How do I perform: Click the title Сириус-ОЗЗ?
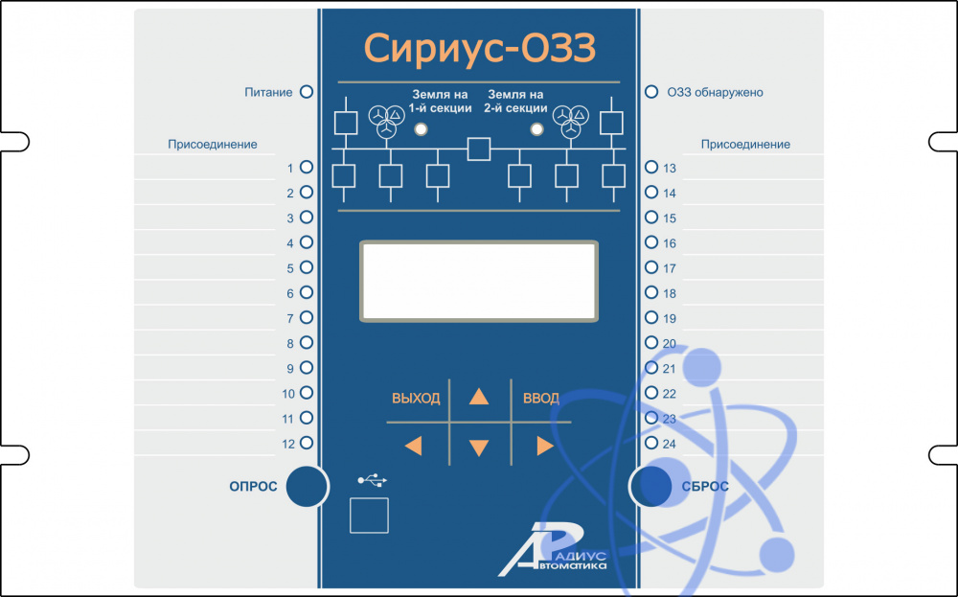(x=479, y=47)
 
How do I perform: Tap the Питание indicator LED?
(x=308, y=92)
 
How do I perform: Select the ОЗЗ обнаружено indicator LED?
(x=651, y=92)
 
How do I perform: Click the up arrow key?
(x=479, y=397)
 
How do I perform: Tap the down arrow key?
(x=479, y=447)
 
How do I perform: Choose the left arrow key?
(x=413, y=446)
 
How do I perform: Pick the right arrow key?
(x=545, y=446)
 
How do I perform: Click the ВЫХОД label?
(x=416, y=399)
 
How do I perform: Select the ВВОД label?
(x=541, y=399)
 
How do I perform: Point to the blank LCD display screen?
(x=479, y=281)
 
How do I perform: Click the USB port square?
(x=369, y=515)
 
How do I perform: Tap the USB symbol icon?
(x=373, y=478)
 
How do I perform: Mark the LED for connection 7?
(x=308, y=317)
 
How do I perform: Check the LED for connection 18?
(x=651, y=293)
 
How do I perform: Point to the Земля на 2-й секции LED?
(x=537, y=129)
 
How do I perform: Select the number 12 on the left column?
(x=288, y=444)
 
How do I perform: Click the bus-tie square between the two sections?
(x=478, y=149)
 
